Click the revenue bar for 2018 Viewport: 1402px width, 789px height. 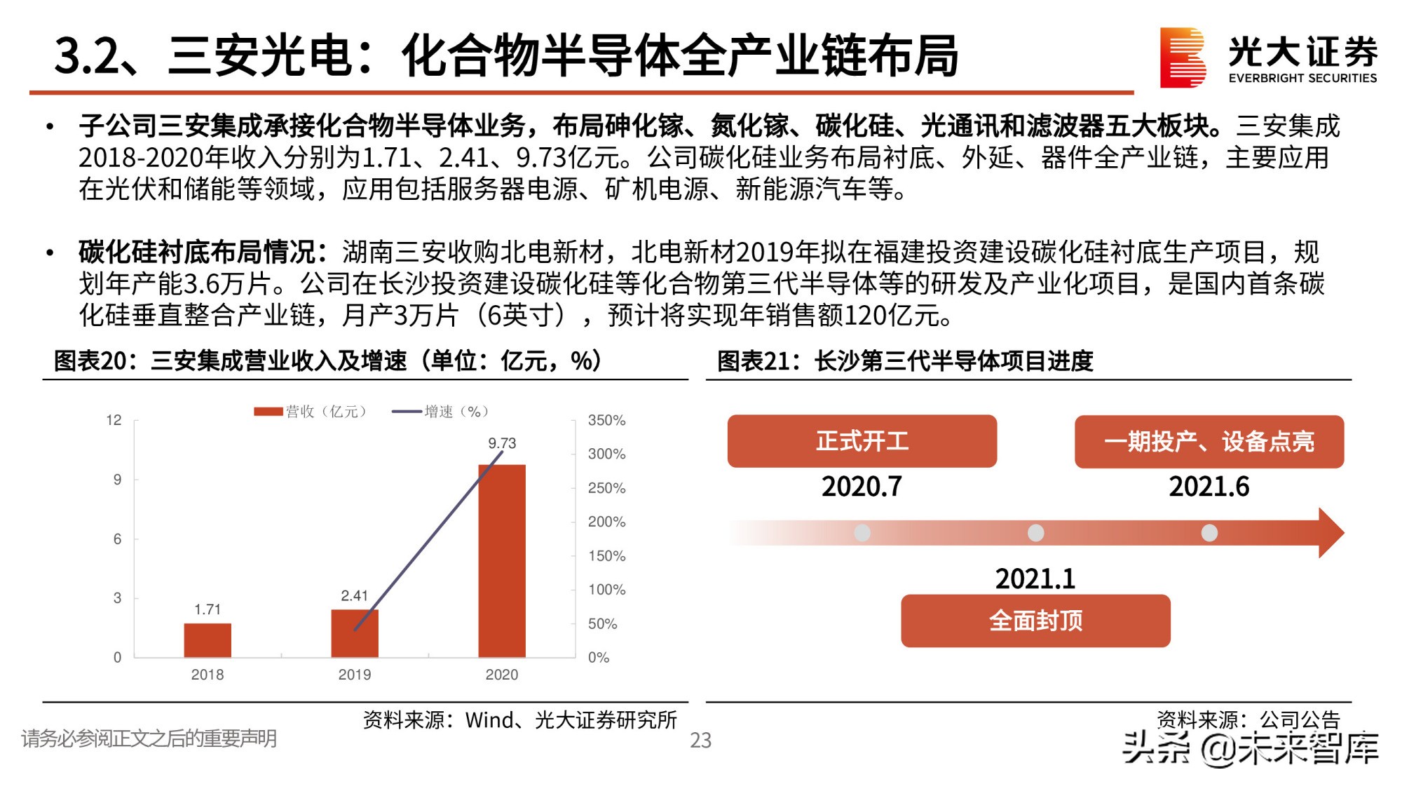(207, 640)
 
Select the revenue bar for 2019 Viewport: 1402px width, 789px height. (355, 633)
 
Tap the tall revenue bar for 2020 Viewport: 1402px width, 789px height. (502, 561)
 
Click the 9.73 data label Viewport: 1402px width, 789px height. (502, 443)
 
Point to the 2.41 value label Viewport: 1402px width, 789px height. (354, 595)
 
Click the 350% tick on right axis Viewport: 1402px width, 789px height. (606, 420)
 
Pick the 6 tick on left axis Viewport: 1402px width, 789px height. (117, 539)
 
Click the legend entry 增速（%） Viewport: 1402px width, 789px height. (442, 412)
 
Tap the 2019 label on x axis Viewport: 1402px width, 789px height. (355, 675)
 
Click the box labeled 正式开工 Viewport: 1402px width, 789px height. (862, 441)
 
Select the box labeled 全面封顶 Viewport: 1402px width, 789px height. (1035, 621)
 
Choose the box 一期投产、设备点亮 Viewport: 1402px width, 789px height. (1209, 442)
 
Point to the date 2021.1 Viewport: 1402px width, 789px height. (1035, 579)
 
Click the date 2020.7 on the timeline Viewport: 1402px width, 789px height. (862, 486)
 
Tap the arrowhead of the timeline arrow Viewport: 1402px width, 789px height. (1330, 533)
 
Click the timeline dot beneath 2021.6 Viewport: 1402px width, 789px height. (1209, 533)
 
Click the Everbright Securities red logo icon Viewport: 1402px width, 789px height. (1182, 58)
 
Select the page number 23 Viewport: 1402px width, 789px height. (700, 740)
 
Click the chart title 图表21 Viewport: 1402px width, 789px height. (904, 361)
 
